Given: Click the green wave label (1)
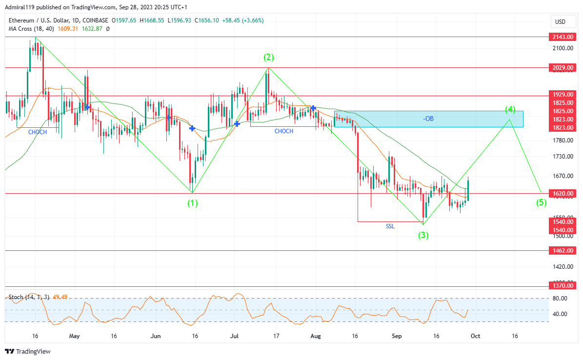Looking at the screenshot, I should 193,202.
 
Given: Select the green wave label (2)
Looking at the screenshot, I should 269,58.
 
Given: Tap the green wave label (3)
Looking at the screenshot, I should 423,235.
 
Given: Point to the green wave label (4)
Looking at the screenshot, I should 510,109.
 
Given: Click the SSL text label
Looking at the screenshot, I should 390,226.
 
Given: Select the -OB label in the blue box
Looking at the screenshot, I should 428,119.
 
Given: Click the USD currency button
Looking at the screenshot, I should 560,22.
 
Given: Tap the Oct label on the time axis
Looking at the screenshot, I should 476,336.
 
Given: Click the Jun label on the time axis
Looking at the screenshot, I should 156,336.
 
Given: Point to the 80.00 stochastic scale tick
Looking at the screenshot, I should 560,298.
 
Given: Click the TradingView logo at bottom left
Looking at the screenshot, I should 28,351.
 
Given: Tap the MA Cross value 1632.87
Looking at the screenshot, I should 92,29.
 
